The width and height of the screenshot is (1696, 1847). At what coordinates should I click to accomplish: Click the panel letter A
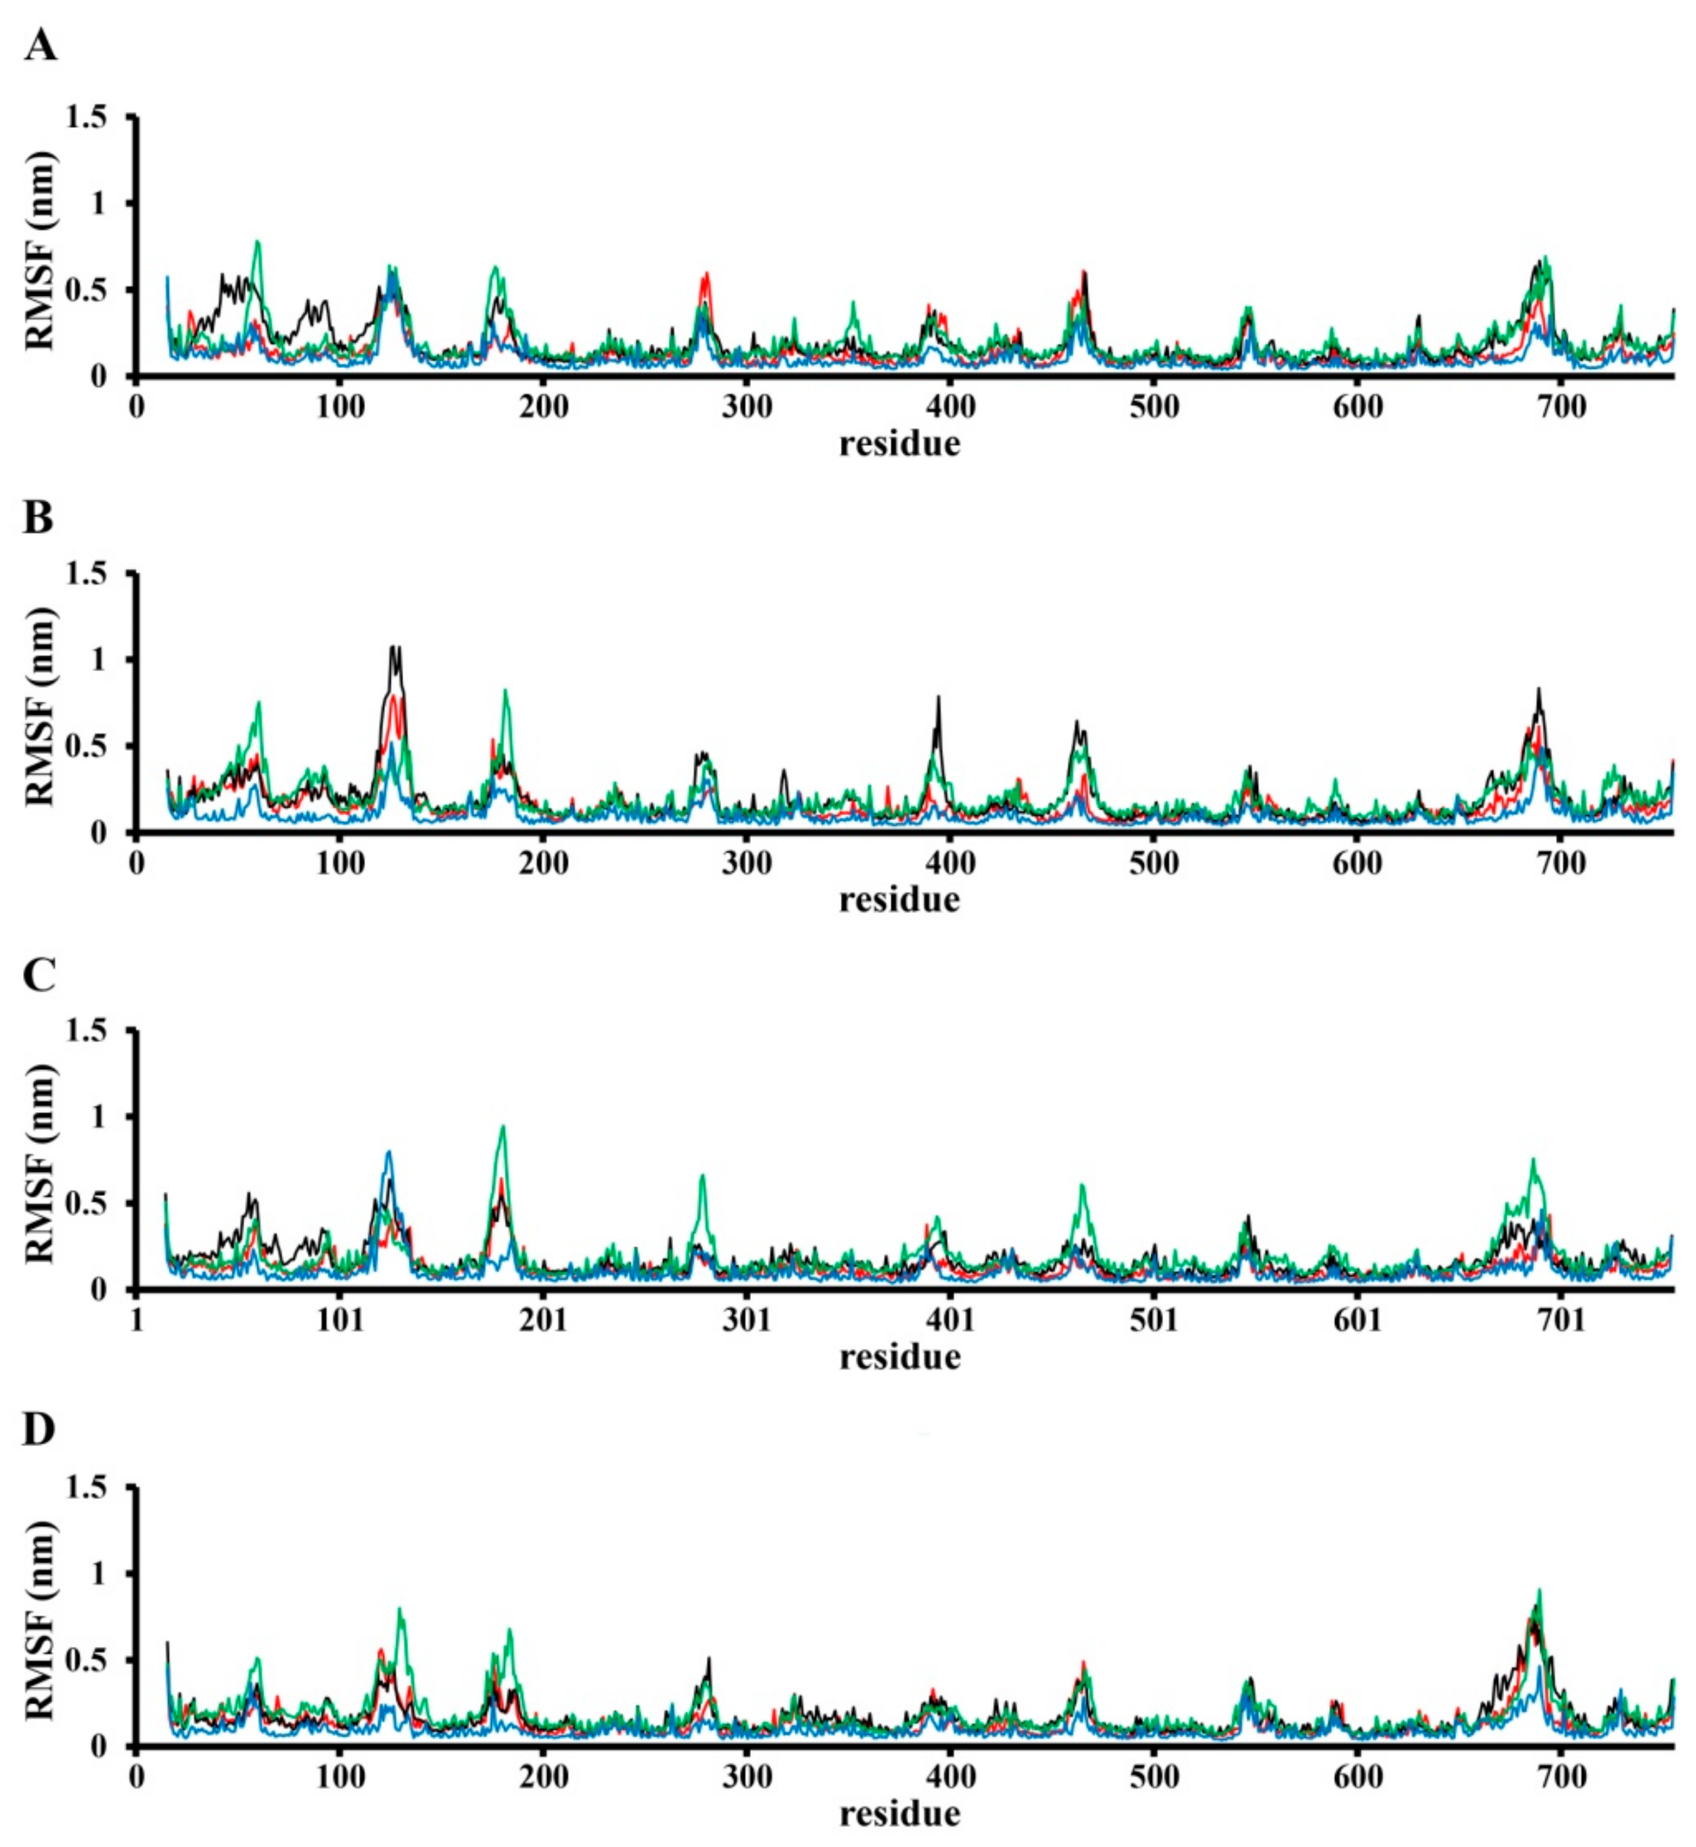tap(39, 45)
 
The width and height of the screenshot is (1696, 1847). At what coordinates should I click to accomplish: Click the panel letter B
tap(38, 519)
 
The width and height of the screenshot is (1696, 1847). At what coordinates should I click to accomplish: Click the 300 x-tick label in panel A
tap(746, 406)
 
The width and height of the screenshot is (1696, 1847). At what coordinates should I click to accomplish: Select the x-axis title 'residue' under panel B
tap(900, 899)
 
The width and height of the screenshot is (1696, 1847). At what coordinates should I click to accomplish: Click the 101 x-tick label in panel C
tap(340, 1319)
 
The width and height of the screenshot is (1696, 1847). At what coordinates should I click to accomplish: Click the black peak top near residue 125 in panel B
tap(395, 648)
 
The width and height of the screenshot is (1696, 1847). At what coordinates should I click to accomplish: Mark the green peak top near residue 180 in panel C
tap(502, 1127)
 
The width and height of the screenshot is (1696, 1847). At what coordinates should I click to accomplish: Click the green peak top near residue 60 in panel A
tap(258, 242)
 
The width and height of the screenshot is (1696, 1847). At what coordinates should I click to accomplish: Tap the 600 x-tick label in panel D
tap(1358, 1777)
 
